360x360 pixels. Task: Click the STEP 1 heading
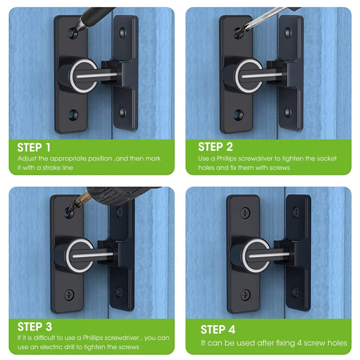click(34, 147)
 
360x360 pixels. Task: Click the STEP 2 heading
click(215, 147)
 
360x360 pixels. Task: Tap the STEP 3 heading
click(35, 327)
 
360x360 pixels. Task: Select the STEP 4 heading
click(218, 329)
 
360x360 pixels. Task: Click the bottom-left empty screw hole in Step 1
click(73, 115)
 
